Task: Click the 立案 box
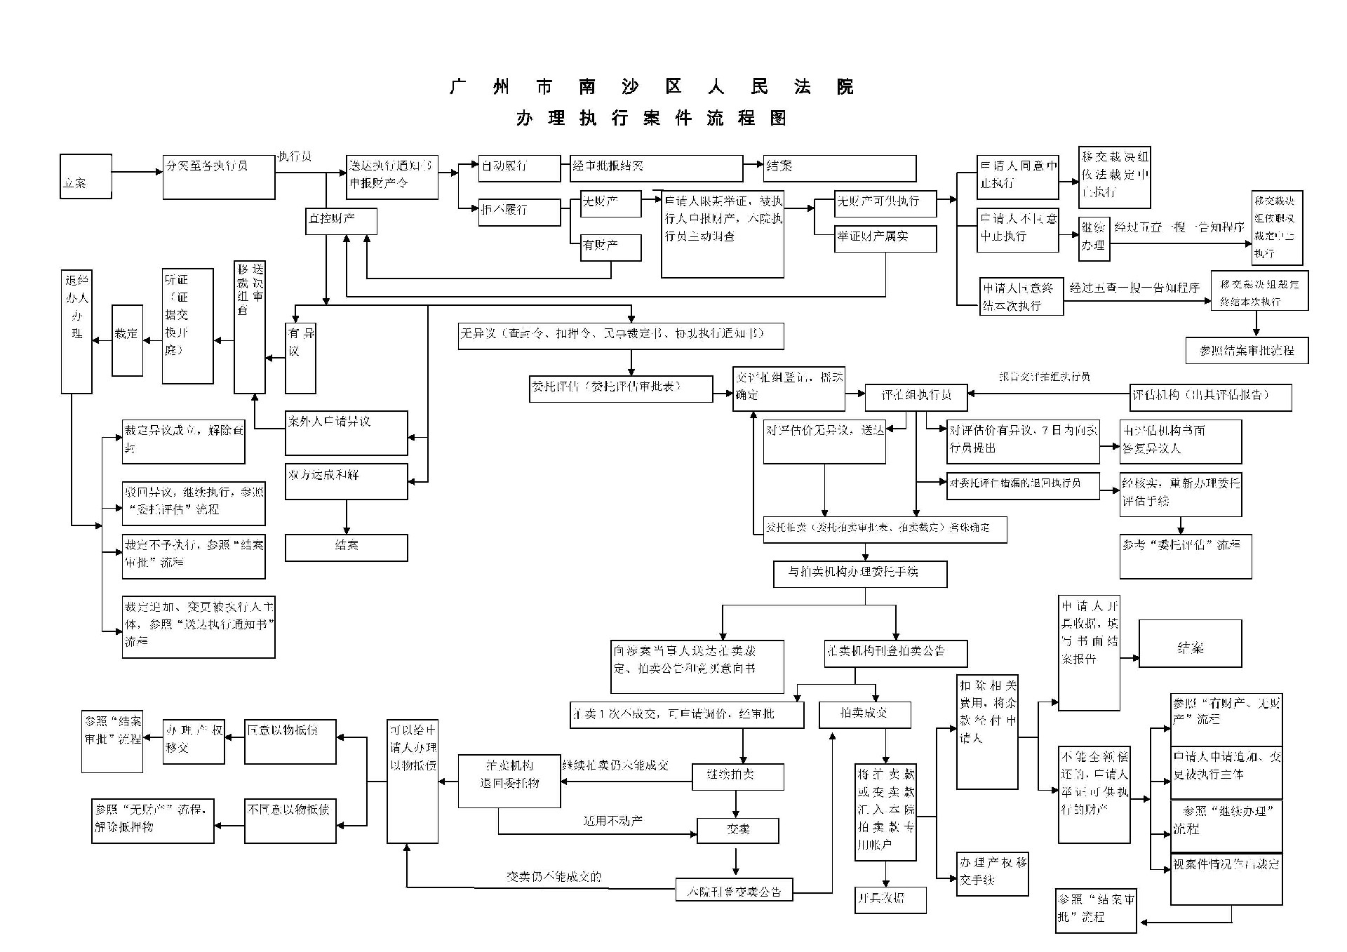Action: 86,177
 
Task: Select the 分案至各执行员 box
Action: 219,177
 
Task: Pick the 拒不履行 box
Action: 519,211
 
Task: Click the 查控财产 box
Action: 342,221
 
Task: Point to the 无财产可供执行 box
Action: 885,203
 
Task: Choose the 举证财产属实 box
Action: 885,239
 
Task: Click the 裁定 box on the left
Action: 127,340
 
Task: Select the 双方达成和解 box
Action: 347,481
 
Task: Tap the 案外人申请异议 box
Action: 347,433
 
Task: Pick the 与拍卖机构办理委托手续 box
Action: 860,574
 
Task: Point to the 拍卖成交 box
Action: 865,715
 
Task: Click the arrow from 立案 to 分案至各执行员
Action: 137,172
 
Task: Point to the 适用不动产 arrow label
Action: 612,820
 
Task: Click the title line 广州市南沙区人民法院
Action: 652,87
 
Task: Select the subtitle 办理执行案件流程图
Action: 652,118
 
